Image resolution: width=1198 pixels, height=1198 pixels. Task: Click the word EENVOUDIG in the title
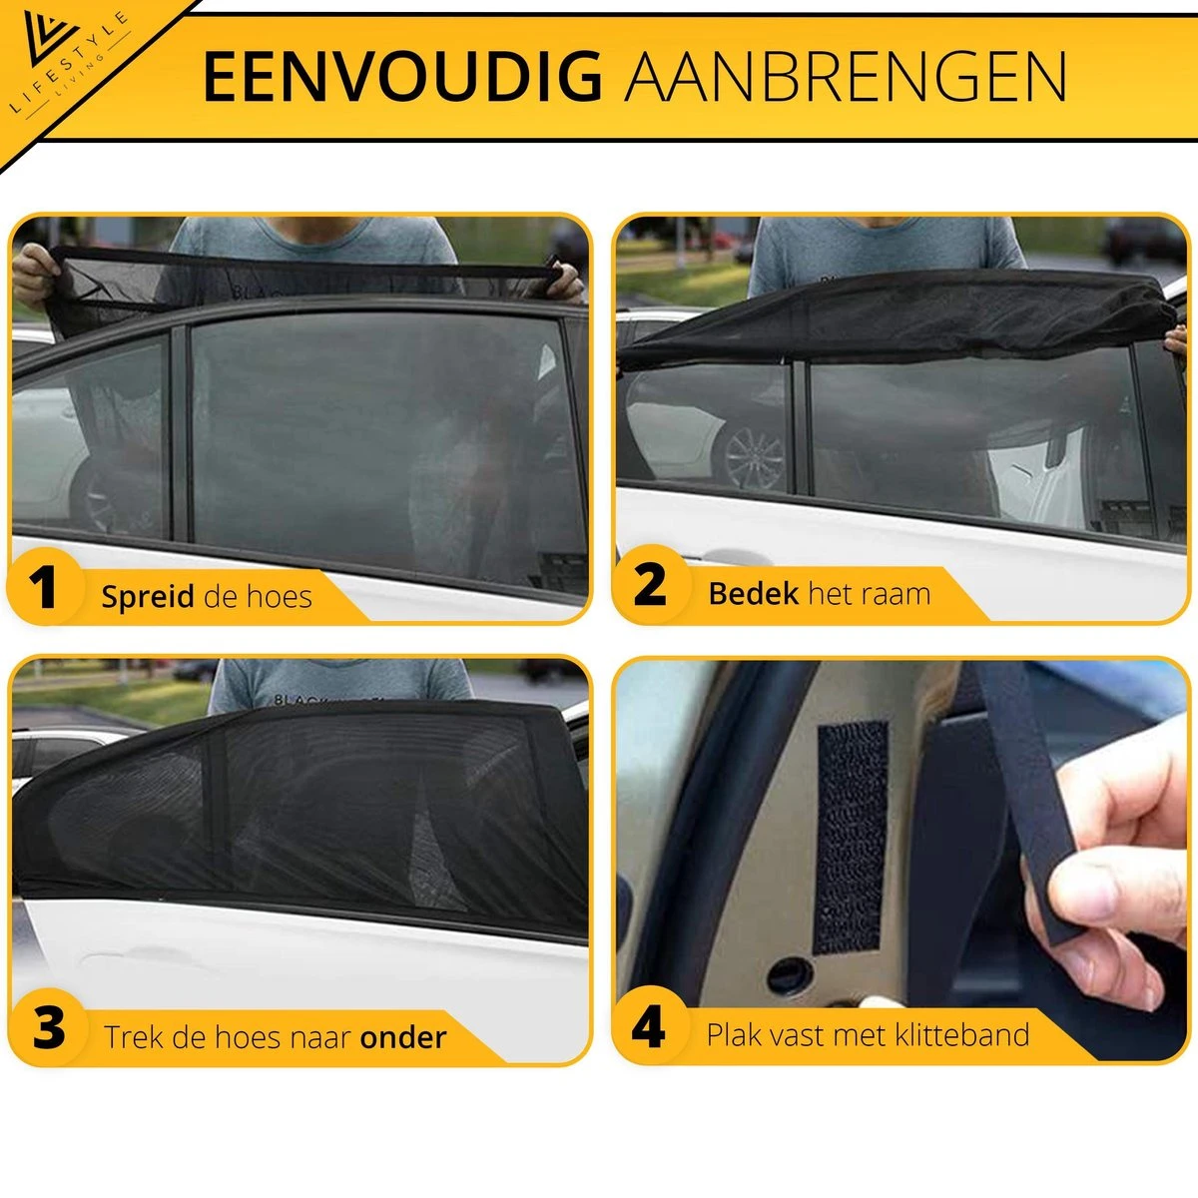tap(401, 78)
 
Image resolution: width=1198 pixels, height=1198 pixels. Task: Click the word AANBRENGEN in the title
tap(846, 78)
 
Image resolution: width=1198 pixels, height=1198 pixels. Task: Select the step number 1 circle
tap(43, 589)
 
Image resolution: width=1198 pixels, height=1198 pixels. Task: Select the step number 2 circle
tap(650, 586)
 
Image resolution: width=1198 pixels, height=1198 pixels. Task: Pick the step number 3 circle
tap(48, 1028)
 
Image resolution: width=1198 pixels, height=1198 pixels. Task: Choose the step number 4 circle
tap(649, 1026)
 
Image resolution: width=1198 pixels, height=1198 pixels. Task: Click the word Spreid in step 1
tap(148, 597)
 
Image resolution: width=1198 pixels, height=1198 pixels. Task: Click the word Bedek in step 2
tap(754, 594)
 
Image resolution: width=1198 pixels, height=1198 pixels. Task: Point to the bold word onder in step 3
tap(402, 1037)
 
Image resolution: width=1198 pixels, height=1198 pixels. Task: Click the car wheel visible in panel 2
tap(754, 458)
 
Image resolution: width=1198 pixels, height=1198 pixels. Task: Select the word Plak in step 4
tap(734, 1034)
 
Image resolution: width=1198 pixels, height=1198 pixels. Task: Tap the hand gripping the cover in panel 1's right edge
tap(566, 279)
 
